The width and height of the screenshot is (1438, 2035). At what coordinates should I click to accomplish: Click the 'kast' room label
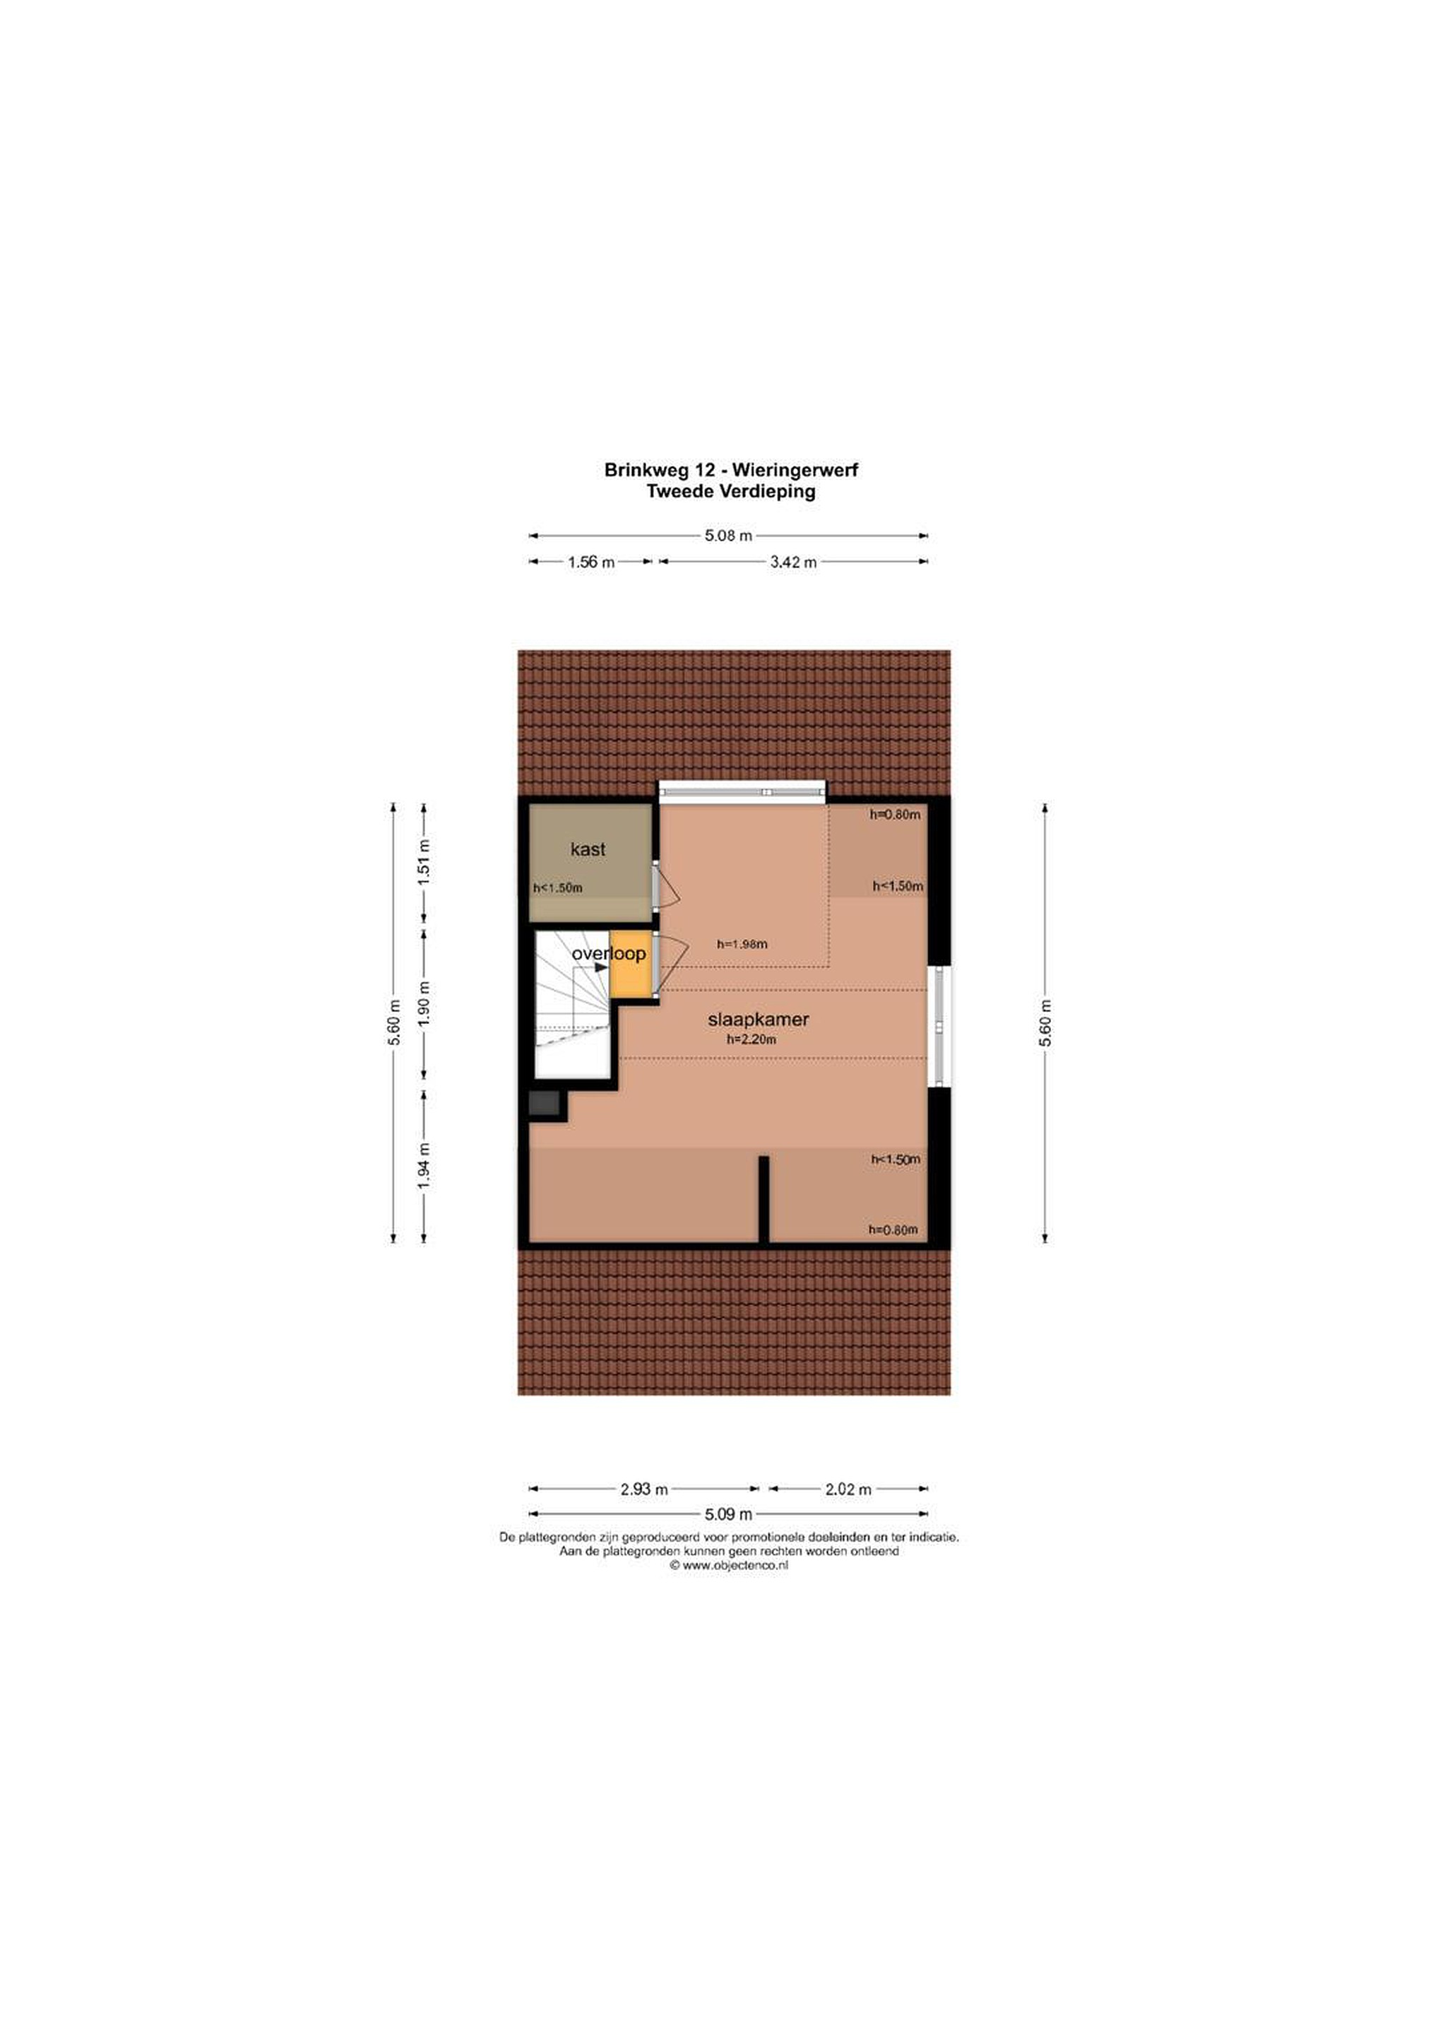[x=588, y=849]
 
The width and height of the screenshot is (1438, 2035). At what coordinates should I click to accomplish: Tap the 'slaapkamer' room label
[x=758, y=1020]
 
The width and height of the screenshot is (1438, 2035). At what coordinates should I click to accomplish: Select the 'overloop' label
[x=609, y=954]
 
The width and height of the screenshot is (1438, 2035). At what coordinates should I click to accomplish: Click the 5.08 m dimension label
[x=728, y=536]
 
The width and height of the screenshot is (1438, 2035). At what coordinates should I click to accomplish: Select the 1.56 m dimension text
[x=591, y=562]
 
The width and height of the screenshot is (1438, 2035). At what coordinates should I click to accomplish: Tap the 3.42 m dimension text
[x=793, y=562]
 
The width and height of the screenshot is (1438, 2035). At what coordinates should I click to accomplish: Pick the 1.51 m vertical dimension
[x=424, y=858]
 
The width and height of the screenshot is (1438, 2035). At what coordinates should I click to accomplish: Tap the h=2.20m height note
[x=751, y=1039]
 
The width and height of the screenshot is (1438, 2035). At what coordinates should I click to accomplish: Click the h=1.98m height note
[x=742, y=944]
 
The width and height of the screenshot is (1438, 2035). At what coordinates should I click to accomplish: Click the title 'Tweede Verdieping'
[x=731, y=491]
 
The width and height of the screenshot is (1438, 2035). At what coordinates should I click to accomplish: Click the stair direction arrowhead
[x=602, y=968]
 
